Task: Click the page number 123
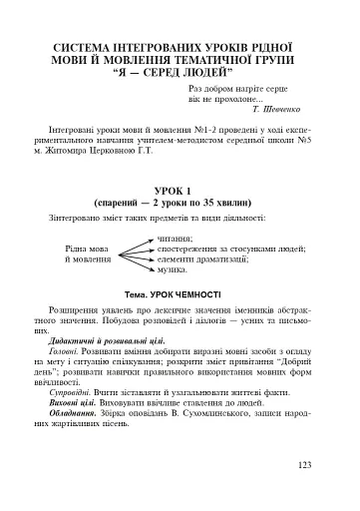(x=305, y=464)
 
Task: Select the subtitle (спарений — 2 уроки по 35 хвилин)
(x=180, y=202)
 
